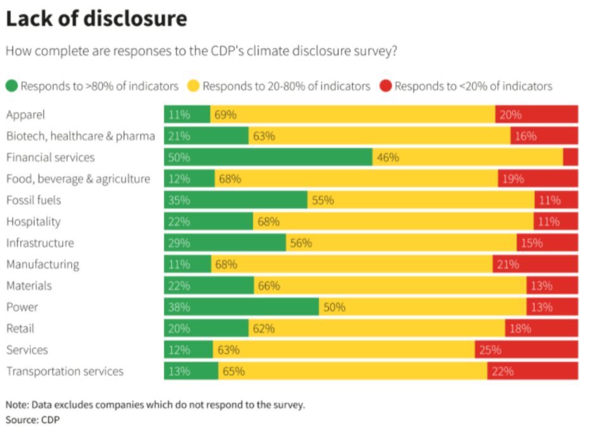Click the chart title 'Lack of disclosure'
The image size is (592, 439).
(x=97, y=19)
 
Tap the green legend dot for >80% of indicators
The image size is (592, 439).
(x=12, y=86)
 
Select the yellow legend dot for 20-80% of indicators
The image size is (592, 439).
(x=194, y=86)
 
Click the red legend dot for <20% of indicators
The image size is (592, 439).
(x=386, y=86)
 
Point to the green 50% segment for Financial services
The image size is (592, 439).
(x=268, y=157)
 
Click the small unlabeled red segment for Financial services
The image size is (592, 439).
(x=570, y=157)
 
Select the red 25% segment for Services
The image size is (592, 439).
(x=527, y=350)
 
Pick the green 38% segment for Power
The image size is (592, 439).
(x=241, y=307)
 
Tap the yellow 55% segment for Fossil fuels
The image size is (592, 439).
(x=421, y=200)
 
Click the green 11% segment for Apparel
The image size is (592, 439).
(x=187, y=115)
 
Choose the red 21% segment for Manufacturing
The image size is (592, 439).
(x=535, y=265)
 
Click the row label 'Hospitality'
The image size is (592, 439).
(x=33, y=222)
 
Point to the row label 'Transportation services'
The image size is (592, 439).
(x=65, y=372)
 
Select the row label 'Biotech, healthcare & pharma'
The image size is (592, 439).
(x=81, y=136)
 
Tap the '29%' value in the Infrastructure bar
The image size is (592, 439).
(x=180, y=243)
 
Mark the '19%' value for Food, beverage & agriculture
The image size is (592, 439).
(x=513, y=179)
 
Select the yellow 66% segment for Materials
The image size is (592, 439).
(x=390, y=286)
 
